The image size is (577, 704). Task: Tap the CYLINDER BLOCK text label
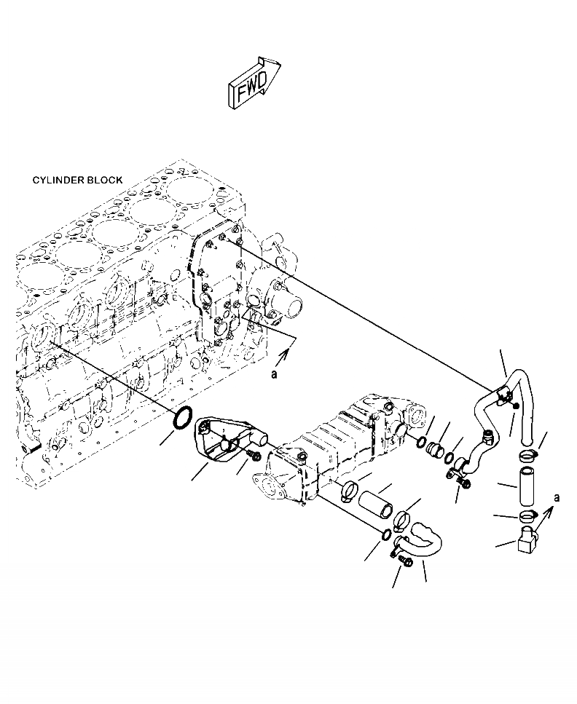(77, 180)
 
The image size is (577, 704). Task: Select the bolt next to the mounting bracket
(255, 455)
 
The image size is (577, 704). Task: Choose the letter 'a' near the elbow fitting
(557, 499)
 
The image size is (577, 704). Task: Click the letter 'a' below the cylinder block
(274, 374)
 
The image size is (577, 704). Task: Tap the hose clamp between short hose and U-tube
(403, 518)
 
